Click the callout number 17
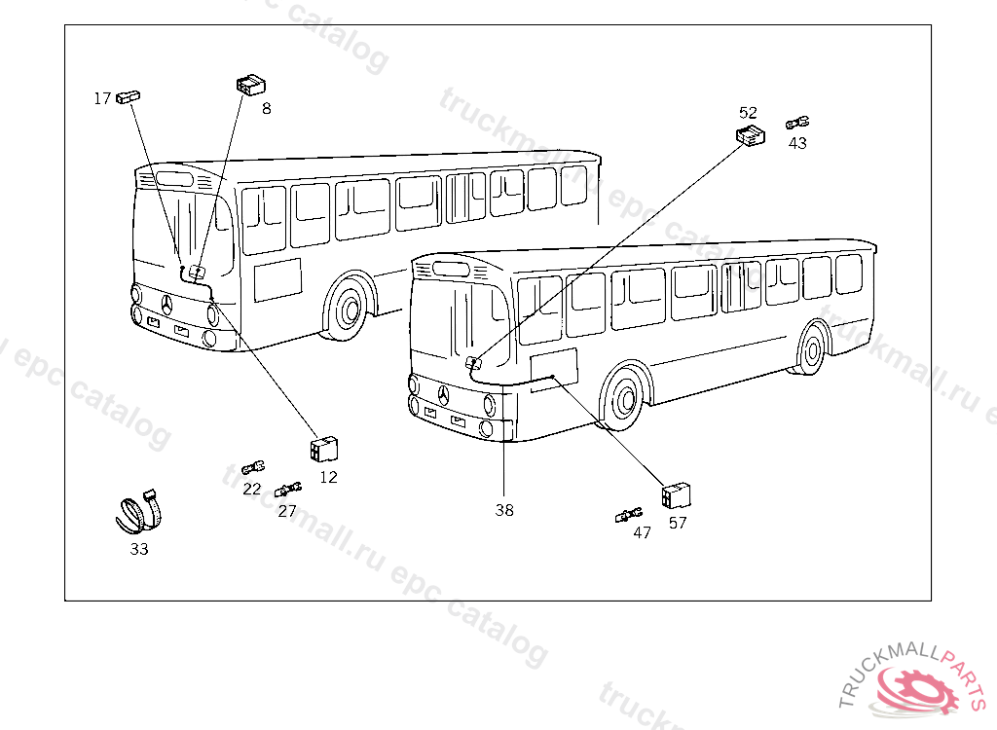[x=102, y=98]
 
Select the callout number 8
[x=266, y=108]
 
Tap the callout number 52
[x=748, y=113]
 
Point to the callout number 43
[x=797, y=143]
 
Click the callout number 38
[x=503, y=510]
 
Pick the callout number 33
[x=139, y=549]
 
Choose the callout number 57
[x=678, y=523]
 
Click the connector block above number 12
[x=323, y=450]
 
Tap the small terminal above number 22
[x=253, y=468]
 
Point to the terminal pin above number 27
[x=288, y=488]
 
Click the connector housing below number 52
[x=750, y=136]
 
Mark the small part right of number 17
[x=129, y=96]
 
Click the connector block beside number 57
[x=676, y=495]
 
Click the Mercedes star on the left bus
[x=168, y=305]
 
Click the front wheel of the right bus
[x=623, y=397]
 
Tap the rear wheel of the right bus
[x=812, y=347]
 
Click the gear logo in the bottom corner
[x=912, y=688]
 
